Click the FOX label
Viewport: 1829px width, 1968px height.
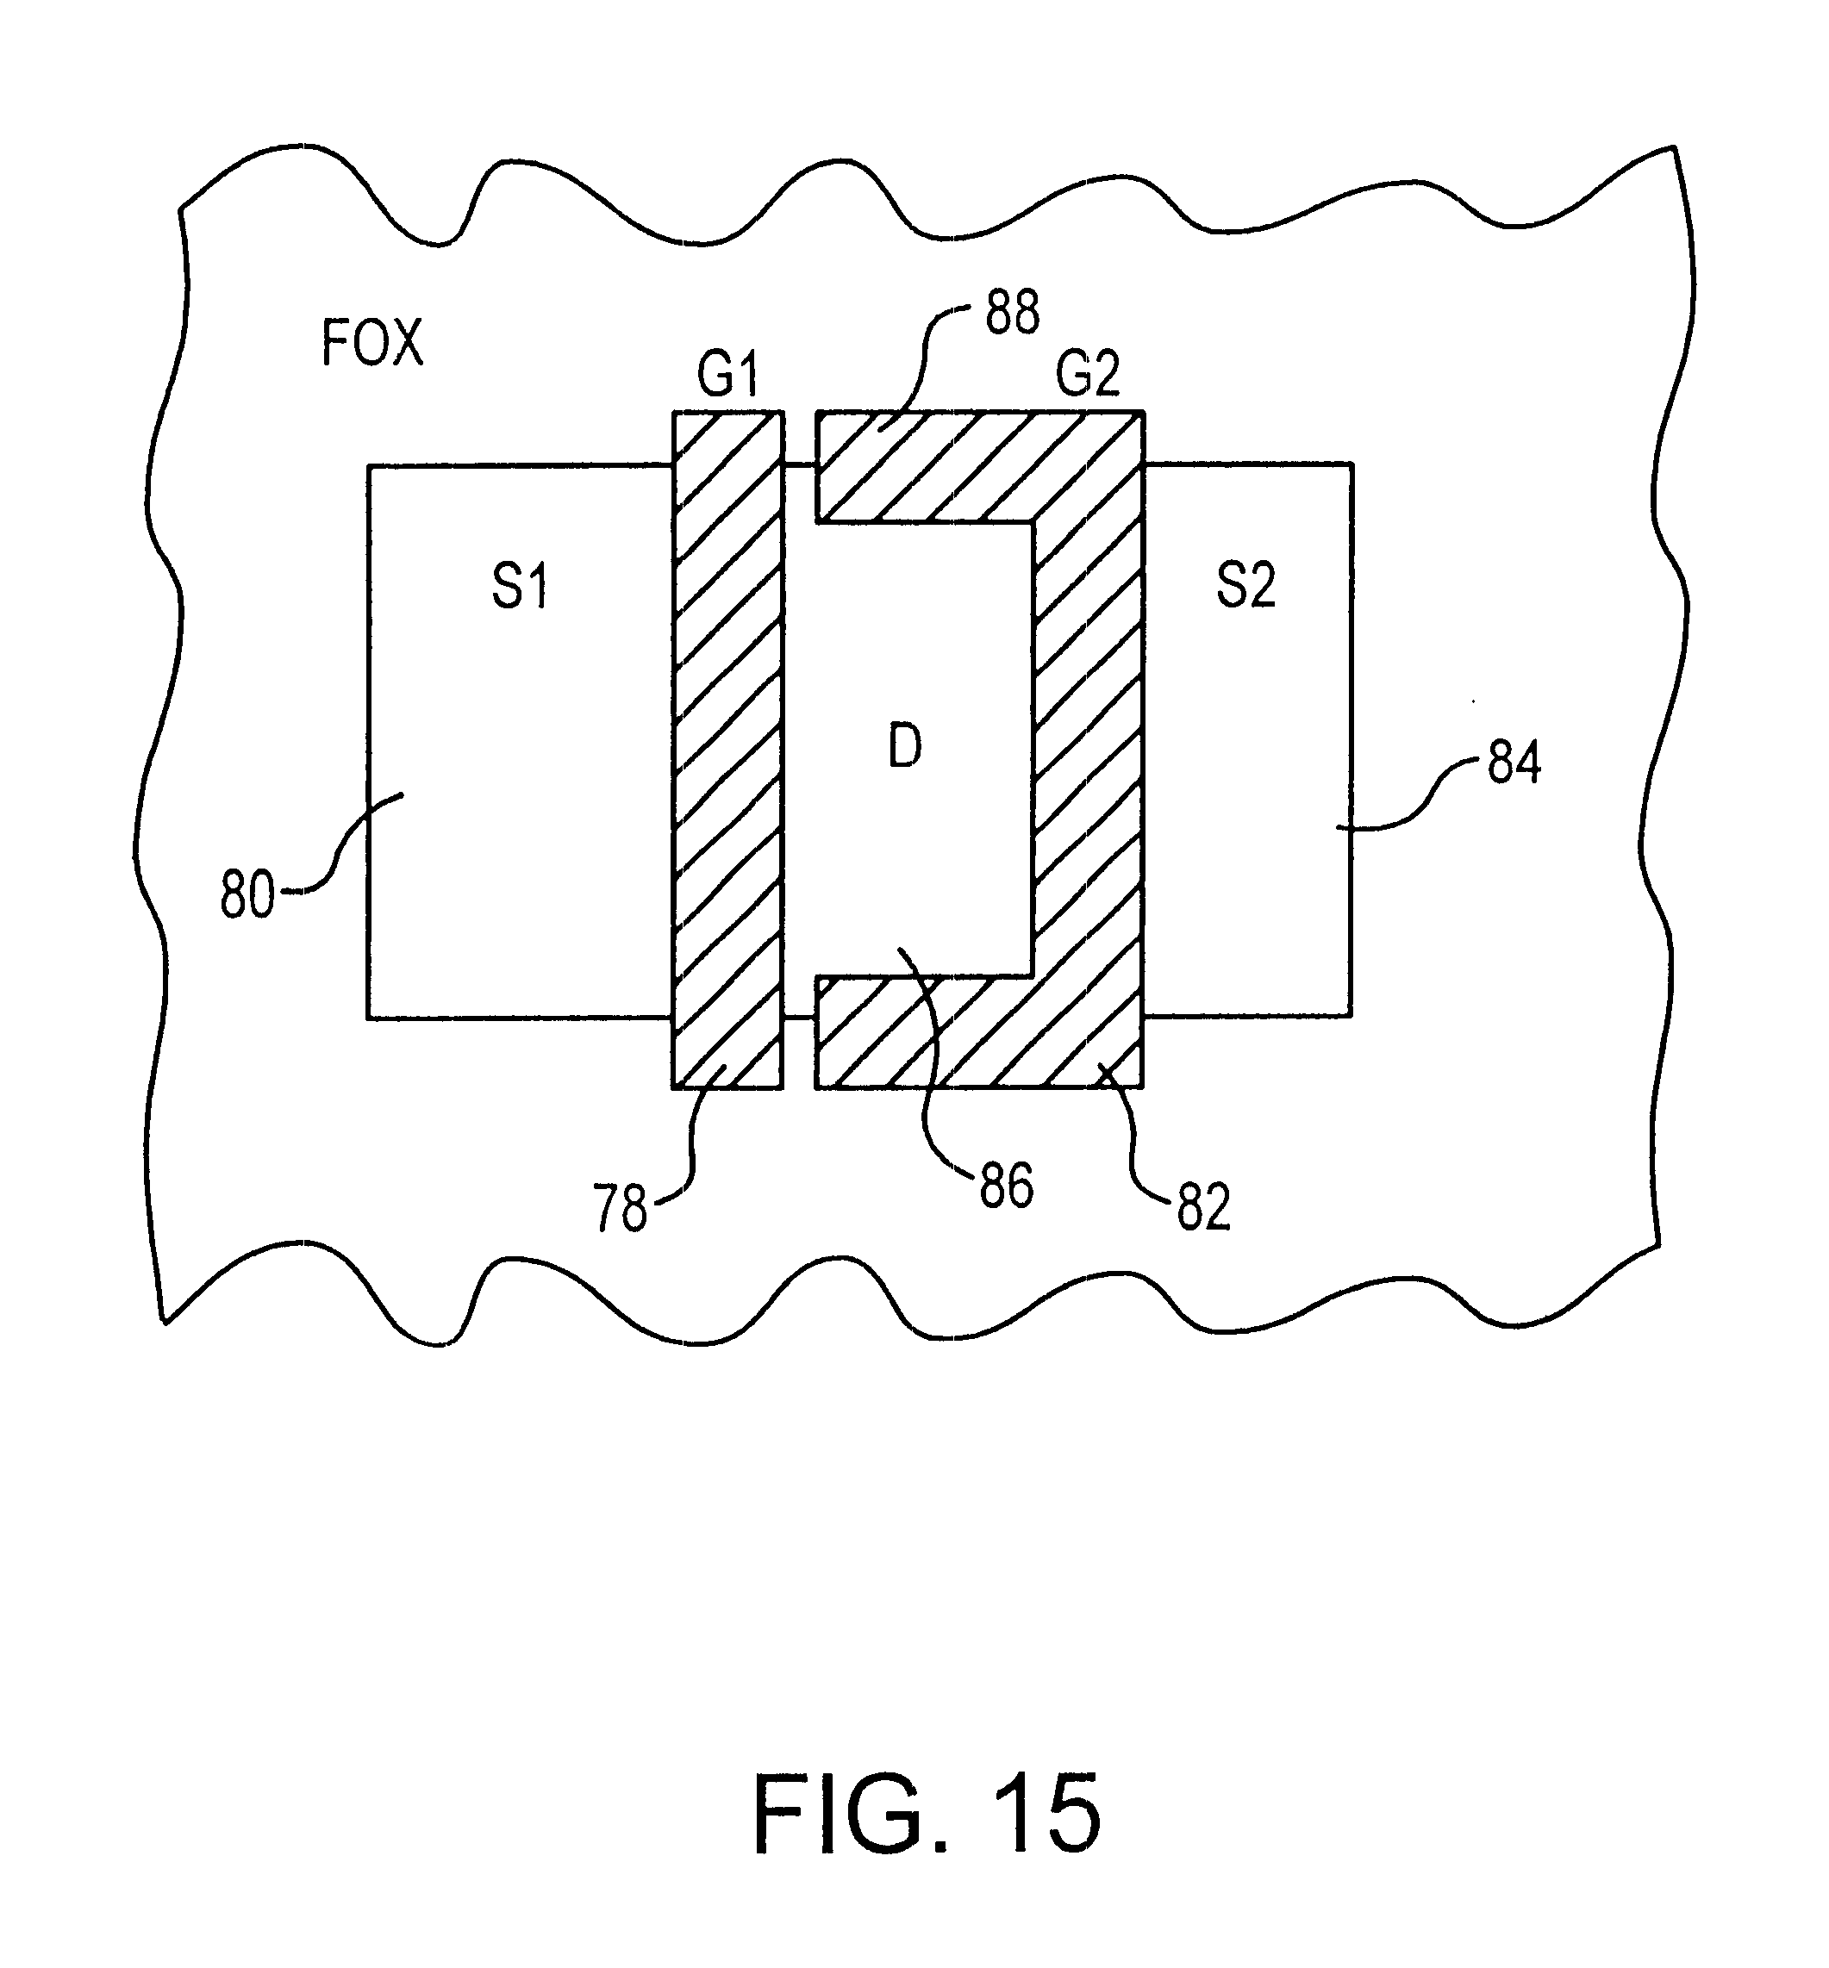pos(372,343)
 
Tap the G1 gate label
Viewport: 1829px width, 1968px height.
pos(727,375)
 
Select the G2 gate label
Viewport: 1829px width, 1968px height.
pos(1088,374)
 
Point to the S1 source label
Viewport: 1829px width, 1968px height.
pos(520,586)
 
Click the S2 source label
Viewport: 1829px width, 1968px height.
pos(1245,584)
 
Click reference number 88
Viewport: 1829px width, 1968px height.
pos(1013,313)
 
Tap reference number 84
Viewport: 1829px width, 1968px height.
pos(1514,763)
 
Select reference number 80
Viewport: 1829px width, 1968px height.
pos(247,896)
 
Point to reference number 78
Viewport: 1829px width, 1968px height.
pos(620,1208)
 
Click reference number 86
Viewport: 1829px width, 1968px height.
pos(1007,1186)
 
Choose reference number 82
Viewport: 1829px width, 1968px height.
pos(1203,1207)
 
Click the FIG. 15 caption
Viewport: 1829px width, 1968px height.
pos(927,1813)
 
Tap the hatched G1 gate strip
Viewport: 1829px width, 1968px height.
pos(727,750)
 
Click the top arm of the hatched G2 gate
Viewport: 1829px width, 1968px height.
pos(926,466)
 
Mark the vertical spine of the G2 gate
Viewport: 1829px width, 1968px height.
pos(1089,750)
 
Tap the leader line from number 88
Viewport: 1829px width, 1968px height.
pos(926,367)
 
